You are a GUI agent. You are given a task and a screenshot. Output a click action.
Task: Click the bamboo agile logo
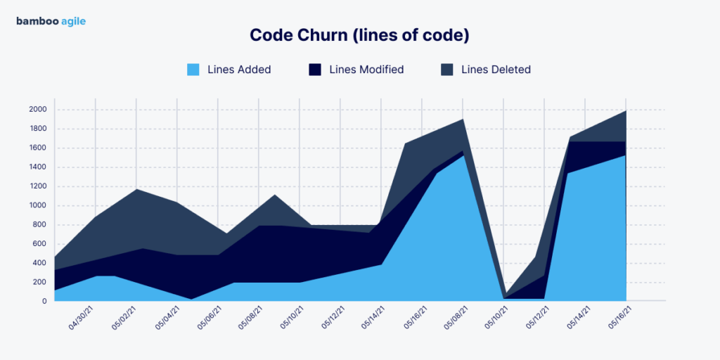click(51, 21)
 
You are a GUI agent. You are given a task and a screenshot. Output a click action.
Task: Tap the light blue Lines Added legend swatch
click(193, 70)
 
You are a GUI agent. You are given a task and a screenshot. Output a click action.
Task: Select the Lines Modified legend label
click(366, 70)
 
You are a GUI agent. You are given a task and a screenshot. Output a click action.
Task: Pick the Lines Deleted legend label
click(496, 70)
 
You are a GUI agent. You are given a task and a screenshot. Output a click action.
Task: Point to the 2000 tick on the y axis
click(38, 110)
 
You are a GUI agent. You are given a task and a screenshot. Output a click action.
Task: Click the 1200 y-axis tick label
click(38, 186)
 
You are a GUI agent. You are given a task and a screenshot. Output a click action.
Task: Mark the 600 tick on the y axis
click(39, 244)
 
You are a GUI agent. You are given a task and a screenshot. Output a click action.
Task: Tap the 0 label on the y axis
click(44, 302)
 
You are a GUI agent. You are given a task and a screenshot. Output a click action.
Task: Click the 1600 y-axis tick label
click(38, 148)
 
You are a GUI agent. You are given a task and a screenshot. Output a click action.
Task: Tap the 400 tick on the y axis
click(39, 263)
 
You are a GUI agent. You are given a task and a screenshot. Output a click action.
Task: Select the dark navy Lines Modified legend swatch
click(315, 70)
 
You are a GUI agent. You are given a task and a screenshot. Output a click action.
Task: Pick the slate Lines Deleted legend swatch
click(446, 70)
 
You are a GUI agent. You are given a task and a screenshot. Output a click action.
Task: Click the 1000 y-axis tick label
click(38, 206)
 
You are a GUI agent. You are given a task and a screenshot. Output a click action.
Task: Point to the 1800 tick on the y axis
click(38, 129)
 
